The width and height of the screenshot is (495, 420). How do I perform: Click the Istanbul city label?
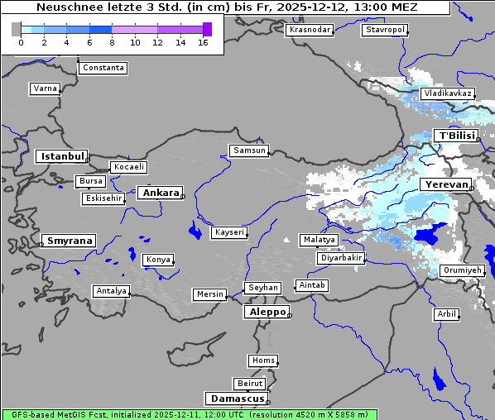[x=61, y=155]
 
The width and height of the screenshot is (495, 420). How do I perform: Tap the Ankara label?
[x=160, y=193]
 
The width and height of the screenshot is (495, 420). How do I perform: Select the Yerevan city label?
[x=445, y=184]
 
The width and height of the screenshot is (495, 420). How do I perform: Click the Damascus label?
[x=236, y=399]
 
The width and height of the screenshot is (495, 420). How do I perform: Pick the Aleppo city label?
[x=266, y=313]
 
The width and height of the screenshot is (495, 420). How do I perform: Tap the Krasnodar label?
[x=310, y=30]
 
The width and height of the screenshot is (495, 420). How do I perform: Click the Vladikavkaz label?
[x=447, y=93]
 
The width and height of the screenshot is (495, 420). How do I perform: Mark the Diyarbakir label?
[x=340, y=258]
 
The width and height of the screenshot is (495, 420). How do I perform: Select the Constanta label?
[x=103, y=68]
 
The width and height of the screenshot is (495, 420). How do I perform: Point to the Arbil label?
[x=446, y=314]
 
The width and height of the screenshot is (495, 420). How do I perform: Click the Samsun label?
[x=249, y=150]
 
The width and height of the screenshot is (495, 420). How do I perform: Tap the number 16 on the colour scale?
[x=203, y=42]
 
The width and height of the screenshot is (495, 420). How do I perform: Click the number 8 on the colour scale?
[x=112, y=42]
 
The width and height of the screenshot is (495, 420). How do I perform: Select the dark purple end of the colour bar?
[x=207, y=29]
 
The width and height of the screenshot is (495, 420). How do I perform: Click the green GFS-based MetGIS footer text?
[x=189, y=414]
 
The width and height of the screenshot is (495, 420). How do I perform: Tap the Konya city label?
[x=158, y=260]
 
